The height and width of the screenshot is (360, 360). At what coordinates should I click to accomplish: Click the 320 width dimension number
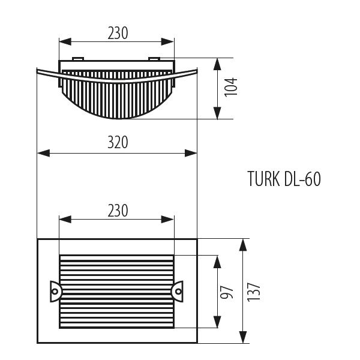(118, 142)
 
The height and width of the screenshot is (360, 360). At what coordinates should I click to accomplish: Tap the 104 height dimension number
(231, 87)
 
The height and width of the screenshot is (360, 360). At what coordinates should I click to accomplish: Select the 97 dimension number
(227, 292)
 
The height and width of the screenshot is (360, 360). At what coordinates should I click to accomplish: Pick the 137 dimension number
(254, 292)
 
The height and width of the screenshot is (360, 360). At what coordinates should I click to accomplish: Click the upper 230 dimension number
(118, 33)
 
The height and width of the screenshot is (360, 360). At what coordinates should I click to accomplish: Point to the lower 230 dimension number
(118, 211)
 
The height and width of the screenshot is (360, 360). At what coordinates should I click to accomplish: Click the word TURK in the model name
(264, 179)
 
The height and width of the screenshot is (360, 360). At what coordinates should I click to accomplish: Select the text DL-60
(302, 179)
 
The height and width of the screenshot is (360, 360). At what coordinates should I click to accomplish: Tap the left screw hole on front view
(55, 292)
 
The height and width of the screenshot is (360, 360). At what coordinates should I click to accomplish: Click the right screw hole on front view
(178, 292)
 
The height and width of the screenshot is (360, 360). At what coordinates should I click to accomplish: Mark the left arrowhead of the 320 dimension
(44, 153)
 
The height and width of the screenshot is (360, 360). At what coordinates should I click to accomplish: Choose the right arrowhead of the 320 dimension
(191, 153)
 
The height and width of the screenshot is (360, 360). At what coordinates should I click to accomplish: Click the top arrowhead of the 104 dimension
(217, 64)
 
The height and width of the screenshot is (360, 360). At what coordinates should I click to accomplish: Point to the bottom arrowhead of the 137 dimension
(243, 337)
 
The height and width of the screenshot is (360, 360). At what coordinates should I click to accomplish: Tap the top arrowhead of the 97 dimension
(217, 262)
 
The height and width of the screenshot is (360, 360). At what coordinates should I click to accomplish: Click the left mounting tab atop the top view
(78, 59)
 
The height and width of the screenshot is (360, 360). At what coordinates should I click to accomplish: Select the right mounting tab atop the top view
(154, 59)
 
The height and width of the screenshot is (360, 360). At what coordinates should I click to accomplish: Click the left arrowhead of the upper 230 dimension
(65, 42)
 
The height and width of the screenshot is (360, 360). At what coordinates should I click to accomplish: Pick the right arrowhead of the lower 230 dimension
(167, 220)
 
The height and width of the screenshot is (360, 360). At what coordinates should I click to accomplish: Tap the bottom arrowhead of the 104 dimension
(217, 113)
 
